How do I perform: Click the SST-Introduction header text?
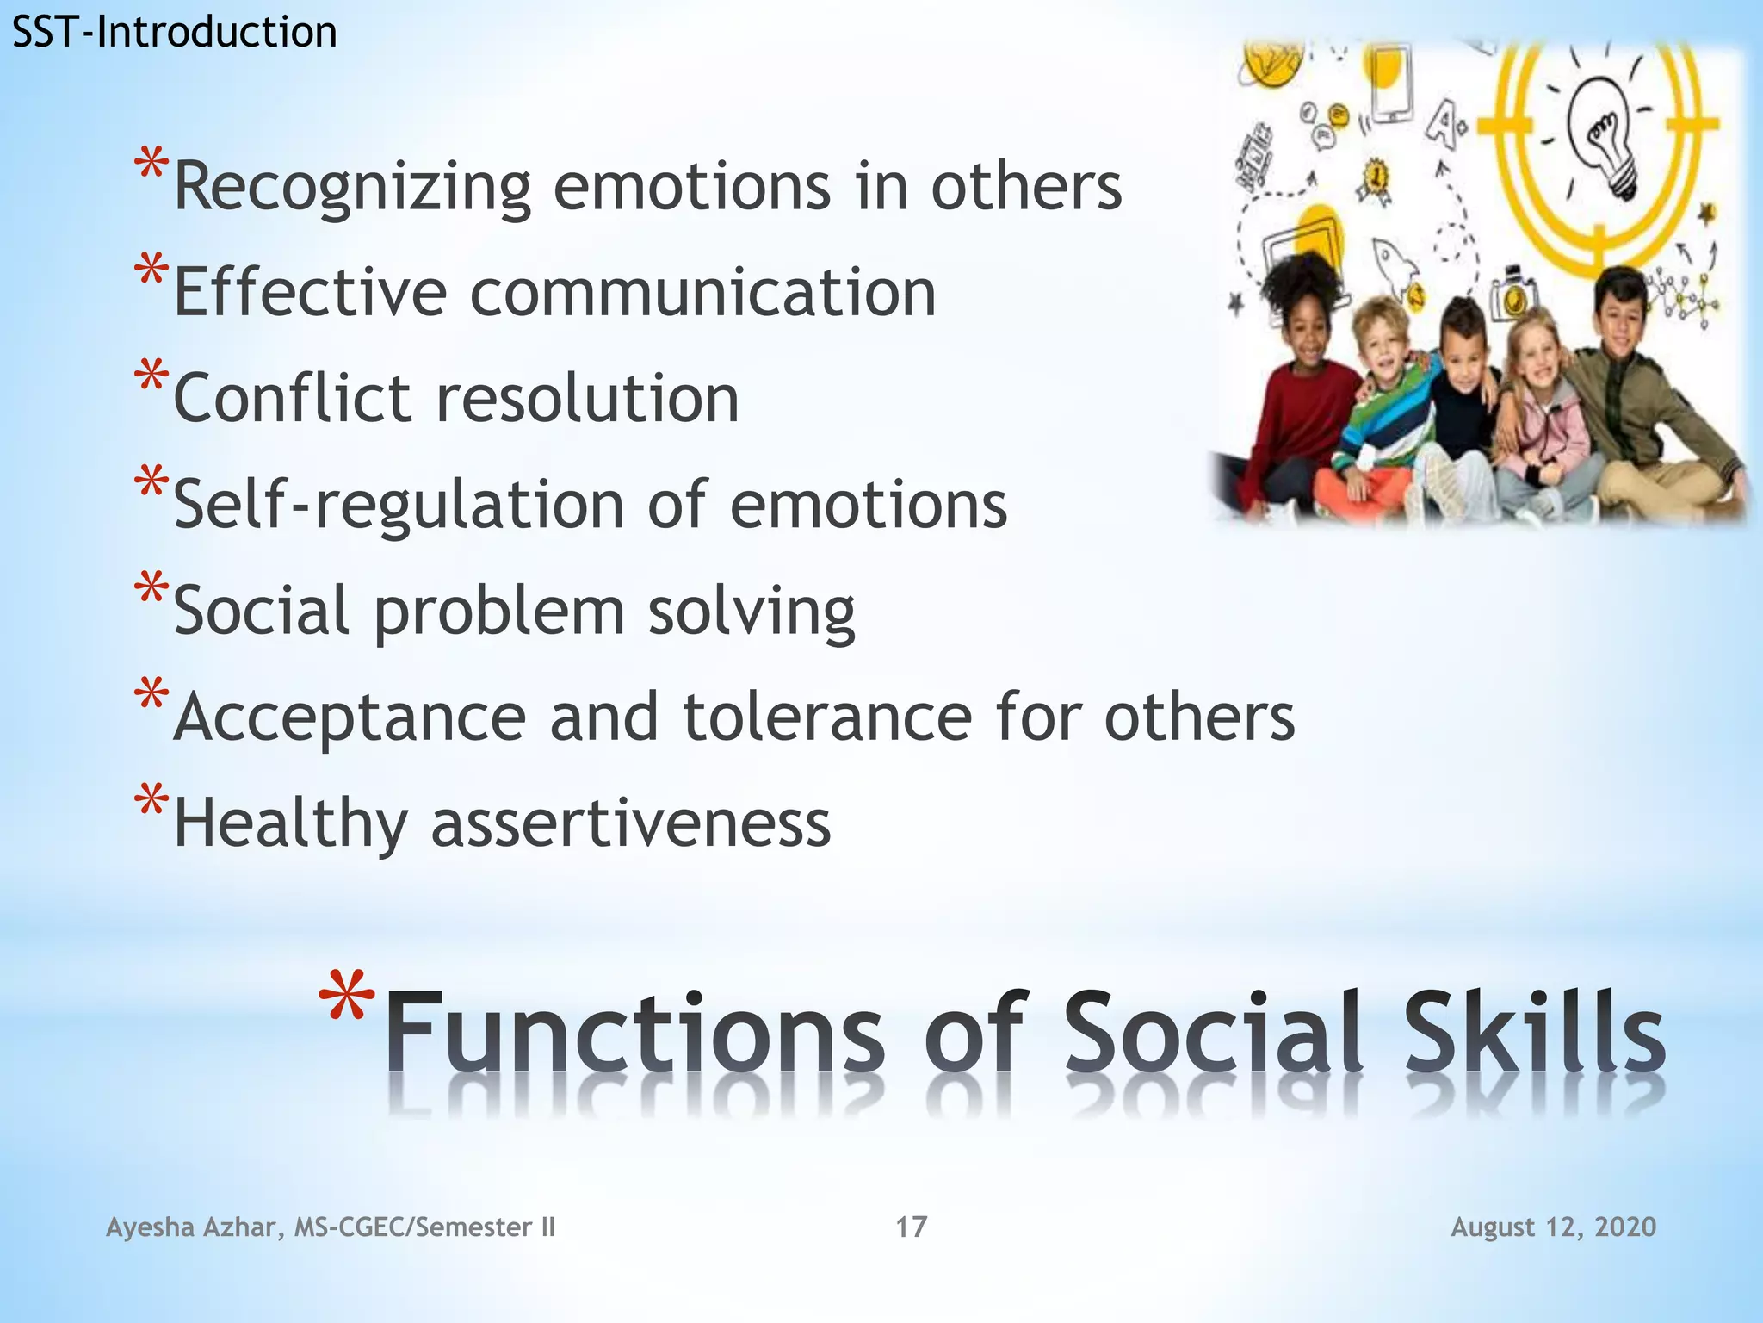174,33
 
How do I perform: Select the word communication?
702,293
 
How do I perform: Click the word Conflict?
293,399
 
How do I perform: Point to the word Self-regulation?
399,505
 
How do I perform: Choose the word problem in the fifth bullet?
499,612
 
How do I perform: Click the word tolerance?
827,717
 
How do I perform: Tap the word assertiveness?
630,823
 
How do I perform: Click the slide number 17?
911,1227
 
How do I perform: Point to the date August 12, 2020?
1553,1227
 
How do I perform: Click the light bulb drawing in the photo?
1604,138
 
